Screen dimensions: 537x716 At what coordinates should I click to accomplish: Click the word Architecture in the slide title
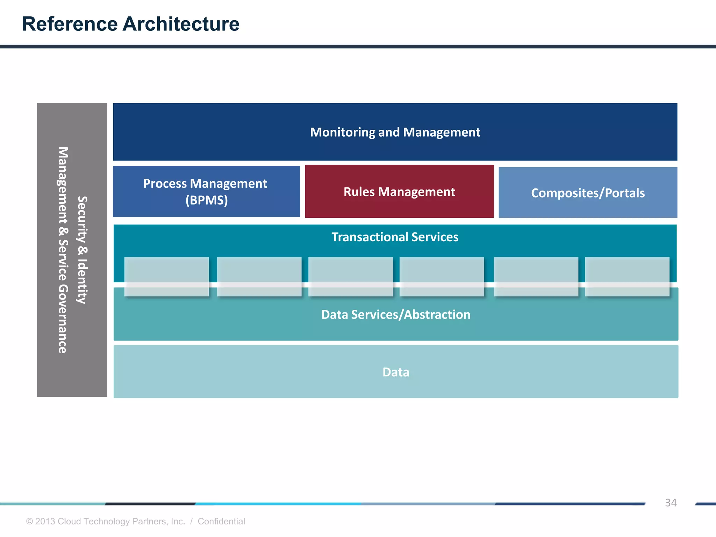click(181, 24)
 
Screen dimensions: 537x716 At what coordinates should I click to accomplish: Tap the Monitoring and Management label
click(395, 133)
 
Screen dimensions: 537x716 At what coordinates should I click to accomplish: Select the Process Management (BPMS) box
click(206, 192)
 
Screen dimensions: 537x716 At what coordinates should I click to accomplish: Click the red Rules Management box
click(399, 192)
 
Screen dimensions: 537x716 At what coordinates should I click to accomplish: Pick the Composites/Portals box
click(588, 193)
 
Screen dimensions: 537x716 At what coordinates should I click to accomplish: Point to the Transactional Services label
click(395, 237)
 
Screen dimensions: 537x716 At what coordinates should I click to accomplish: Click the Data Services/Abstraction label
click(396, 315)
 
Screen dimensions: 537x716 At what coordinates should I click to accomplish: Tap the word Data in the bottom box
click(396, 372)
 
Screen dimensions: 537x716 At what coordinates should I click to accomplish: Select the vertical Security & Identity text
click(82, 250)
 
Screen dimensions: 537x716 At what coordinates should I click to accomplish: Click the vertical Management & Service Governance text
click(63, 250)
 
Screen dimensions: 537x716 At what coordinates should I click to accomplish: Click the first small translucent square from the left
click(166, 277)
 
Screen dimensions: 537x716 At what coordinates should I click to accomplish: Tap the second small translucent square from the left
click(259, 277)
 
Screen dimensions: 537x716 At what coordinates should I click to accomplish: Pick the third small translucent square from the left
click(350, 277)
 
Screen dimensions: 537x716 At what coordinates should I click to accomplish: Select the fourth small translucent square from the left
click(442, 277)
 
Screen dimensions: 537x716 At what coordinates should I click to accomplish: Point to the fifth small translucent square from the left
click(536, 277)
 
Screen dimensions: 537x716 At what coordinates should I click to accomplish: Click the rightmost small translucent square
click(627, 277)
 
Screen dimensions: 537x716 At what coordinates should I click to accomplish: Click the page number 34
click(671, 503)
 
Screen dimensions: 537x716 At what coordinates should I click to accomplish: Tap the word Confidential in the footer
click(221, 521)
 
